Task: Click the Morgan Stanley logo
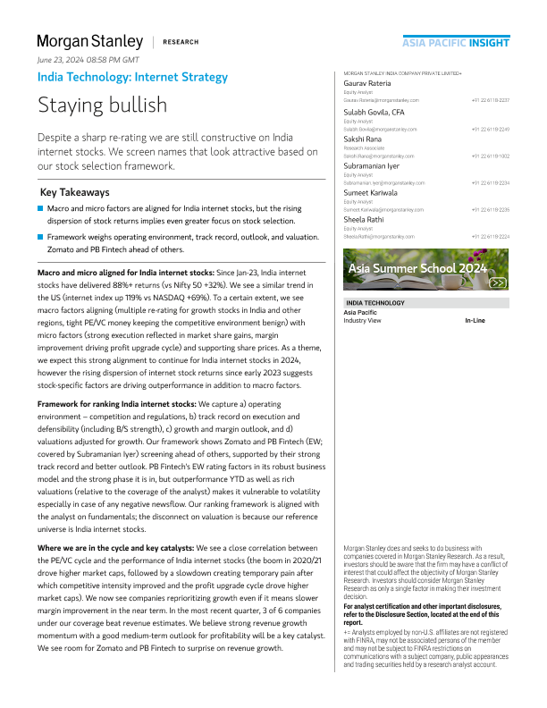[x=89, y=41]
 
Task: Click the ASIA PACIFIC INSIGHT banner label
[x=456, y=42]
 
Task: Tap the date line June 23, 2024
[x=88, y=59]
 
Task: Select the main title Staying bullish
[x=102, y=105]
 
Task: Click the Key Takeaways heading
[x=75, y=192]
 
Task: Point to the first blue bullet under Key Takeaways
[x=41, y=207]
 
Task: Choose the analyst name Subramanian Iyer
[x=374, y=166]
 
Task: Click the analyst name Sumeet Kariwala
[x=373, y=192]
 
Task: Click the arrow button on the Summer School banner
[x=499, y=282]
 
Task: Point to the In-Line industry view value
[x=475, y=320]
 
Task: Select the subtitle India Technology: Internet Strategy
[x=132, y=77]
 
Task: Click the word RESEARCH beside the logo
[x=181, y=42]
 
